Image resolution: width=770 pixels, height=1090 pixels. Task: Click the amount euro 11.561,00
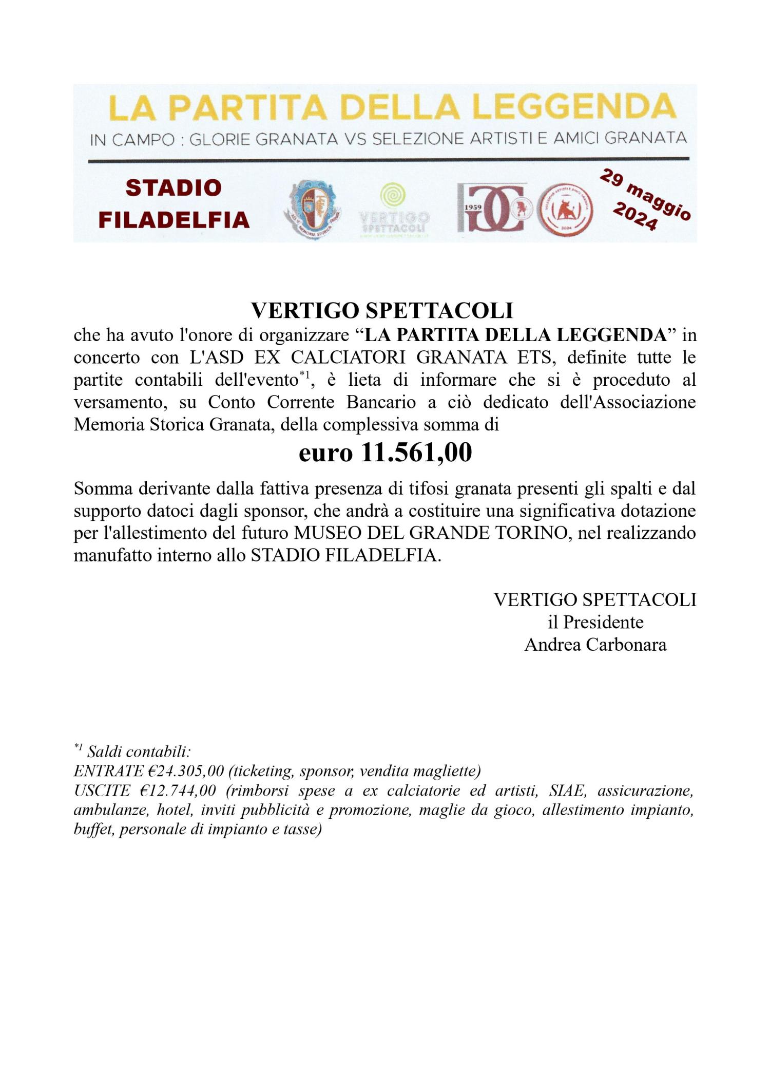(x=385, y=453)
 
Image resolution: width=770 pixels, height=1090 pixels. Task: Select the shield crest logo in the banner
(x=313, y=209)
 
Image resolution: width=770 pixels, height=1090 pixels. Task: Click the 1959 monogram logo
(x=492, y=208)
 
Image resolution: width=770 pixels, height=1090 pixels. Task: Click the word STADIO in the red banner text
(x=174, y=188)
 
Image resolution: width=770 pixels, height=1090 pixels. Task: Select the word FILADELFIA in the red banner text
(x=174, y=220)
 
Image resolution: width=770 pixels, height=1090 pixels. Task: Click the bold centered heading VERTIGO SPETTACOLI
(x=382, y=310)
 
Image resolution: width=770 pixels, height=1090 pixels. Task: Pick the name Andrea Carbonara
(x=595, y=645)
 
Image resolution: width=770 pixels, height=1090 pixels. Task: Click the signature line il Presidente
(x=595, y=622)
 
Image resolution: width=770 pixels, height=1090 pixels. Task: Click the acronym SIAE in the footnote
(x=567, y=791)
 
